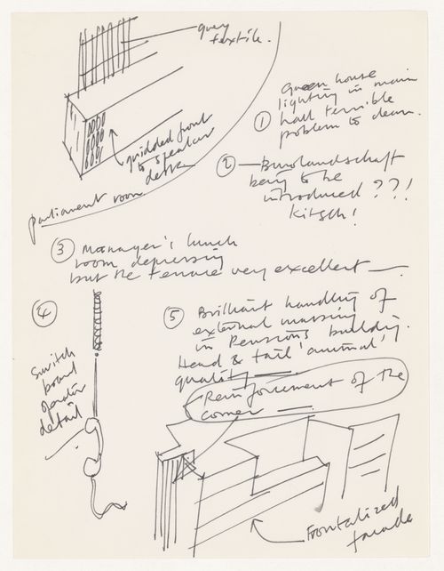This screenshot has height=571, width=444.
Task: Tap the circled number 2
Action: pos(226,165)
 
